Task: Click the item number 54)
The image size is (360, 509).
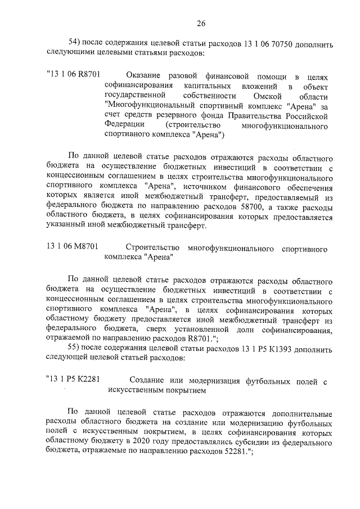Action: click(75, 43)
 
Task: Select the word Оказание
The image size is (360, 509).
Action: click(143, 75)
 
